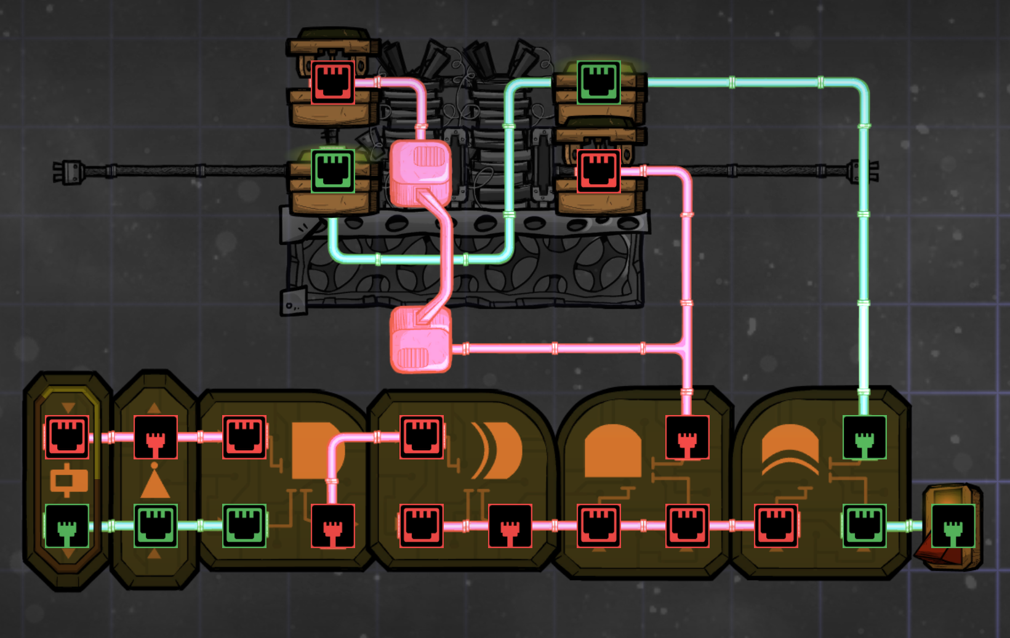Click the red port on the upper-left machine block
(332, 82)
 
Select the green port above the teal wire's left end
(332, 171)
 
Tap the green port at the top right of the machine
(598, 82)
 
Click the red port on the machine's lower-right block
(598, 171)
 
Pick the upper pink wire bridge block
(421, 172)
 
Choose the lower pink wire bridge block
(421, 341)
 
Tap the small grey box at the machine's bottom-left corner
(293, 302)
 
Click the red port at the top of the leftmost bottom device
(67, 437)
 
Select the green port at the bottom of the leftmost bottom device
(67, 525)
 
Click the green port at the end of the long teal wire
(864, 437)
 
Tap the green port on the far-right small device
(953, 525)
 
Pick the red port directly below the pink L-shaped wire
(332, 525)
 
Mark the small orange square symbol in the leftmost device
(67, 482)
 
